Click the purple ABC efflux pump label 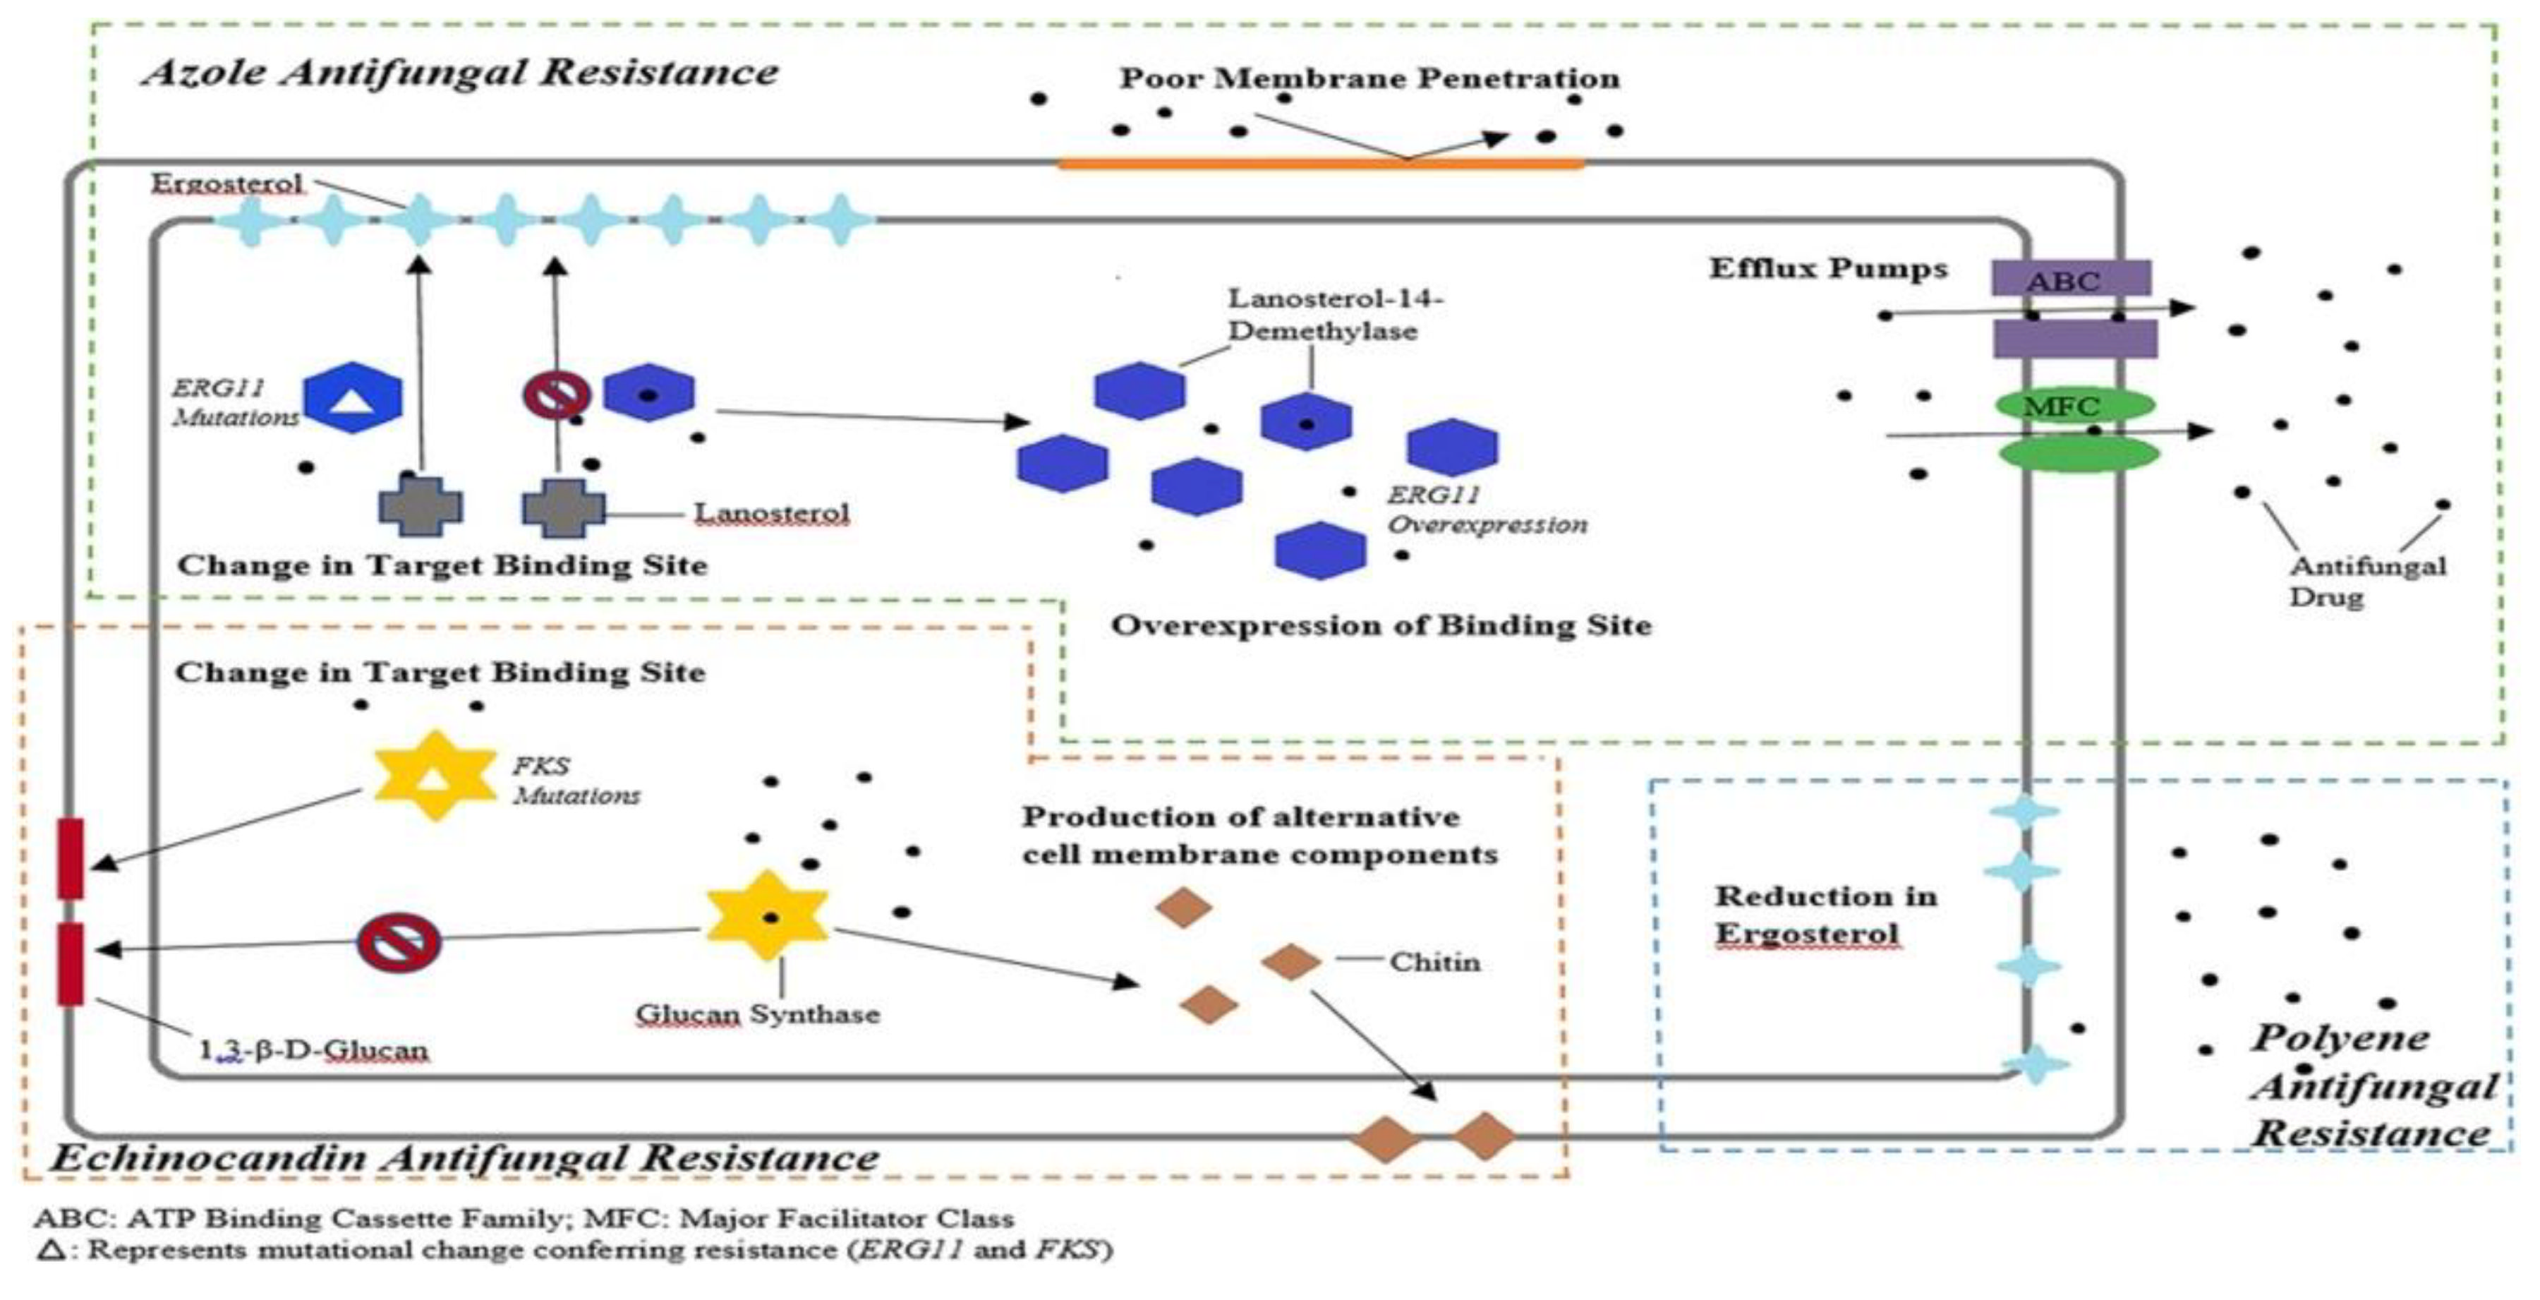pos(2063,281)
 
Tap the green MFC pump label pos(2062,405)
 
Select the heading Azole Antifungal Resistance pos(461,72)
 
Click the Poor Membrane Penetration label pos(1369,78)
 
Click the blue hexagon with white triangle pos(353,397)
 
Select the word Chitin pos(1434,962)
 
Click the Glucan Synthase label pos(757,1014)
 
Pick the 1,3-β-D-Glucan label pos(313,1050)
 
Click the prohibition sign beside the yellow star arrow pos(399,942)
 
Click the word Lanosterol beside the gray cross pos(771,513)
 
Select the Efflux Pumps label pos(1828,268)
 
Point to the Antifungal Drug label pos(2367,581)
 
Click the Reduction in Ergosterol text pos(1826,915)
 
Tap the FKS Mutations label pos(576,780)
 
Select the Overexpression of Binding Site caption pos(1381,625)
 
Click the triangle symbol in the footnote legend pos(52,1251)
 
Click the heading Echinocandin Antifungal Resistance pos(464,1157)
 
